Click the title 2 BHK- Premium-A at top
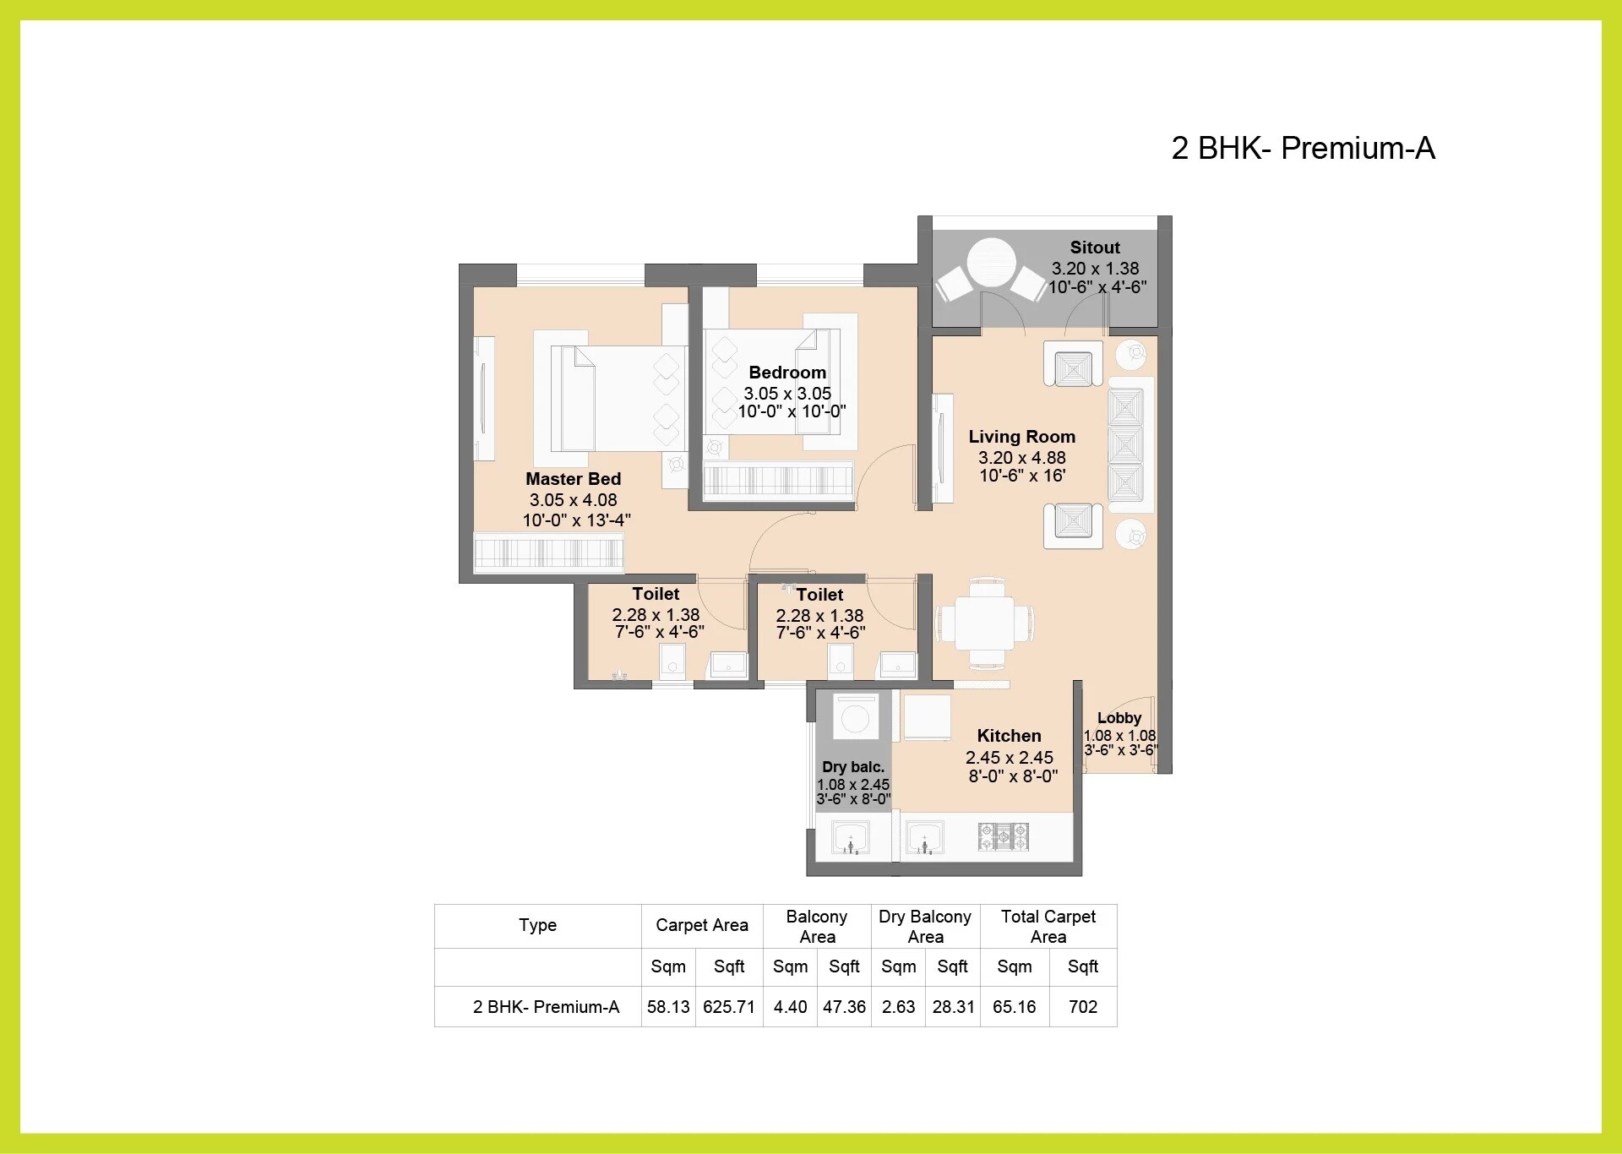tap(1303, 148)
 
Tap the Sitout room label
tap(1095, 248)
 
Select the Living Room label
tap(1021, 437)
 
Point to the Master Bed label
tap(573, 479)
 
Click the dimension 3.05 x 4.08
tap(573, 500)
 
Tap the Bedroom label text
tap(787, 373)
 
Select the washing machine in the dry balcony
tap(855, 719)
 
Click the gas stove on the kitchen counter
tap(1003, 836)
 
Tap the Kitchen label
tap(1009, 736)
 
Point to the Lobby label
tap(1119, 718)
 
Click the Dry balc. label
tap(852, 767)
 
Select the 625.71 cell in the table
tap(728, 1007)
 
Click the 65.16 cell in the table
tap(1014, 1007)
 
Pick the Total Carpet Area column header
tap(1048, 926)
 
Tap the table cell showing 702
tap(1082, 1007)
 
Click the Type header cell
tap(537, 925)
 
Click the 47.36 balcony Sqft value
tap(844, 1007)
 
